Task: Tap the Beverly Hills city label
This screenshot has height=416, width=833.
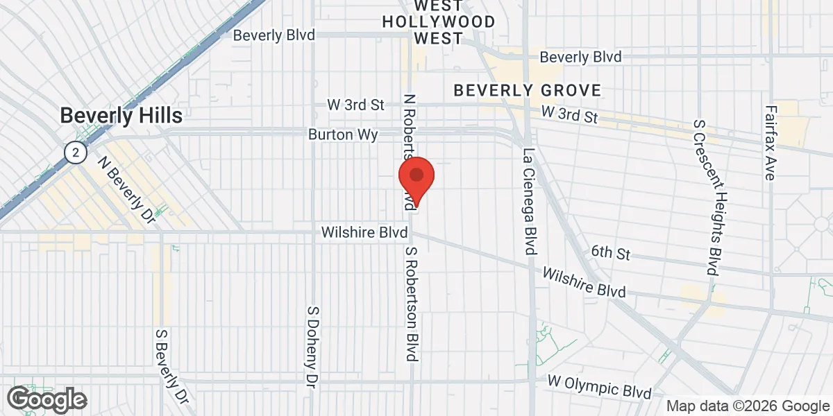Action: [121, 115]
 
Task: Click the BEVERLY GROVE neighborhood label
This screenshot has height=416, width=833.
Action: [527, 90]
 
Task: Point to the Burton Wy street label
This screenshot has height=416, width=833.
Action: [344, 135]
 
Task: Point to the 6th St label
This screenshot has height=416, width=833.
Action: [611, 253]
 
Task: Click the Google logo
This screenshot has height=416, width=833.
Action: [47, 399]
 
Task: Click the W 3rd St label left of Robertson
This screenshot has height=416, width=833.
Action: [355, 105]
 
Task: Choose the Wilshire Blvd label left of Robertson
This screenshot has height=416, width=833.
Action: [364, 233]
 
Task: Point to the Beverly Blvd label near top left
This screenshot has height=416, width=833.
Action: [274, 35]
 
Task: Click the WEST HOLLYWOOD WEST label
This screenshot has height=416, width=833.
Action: [439, 22]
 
